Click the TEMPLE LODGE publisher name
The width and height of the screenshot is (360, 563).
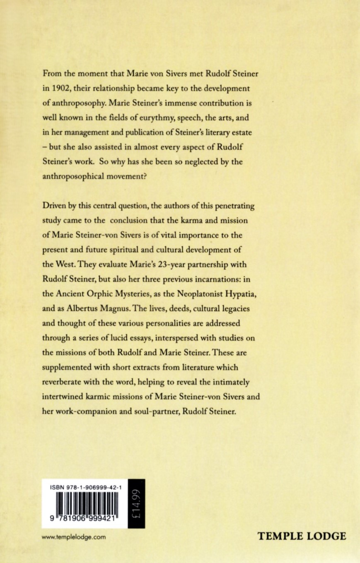pyautogui.click(x=301, y=537)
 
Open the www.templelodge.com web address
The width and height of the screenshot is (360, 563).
pyautogui.click(x=73, y=537)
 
